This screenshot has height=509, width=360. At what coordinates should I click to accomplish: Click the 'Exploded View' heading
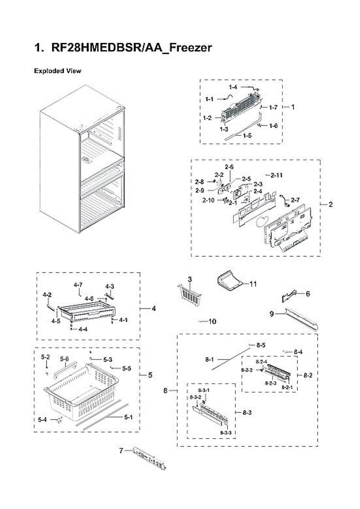tap(57, 71)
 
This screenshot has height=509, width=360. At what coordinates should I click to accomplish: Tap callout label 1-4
tap(233, 87)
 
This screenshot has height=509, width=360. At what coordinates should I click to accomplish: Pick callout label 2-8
tap(199, 182)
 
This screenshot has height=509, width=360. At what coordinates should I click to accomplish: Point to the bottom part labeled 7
tap(148, 458)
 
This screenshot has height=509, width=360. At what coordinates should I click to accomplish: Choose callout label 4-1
tap(123, 320)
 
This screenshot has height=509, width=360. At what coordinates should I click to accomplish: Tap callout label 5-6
tap(64, 359)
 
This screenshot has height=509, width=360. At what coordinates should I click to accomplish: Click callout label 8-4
tap(298, 352)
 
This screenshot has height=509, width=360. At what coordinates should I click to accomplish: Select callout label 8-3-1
tap(204, 390)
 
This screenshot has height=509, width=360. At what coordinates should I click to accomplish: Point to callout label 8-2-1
tap(287, 388)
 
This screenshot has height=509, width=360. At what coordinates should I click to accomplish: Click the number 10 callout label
tap(212, 322)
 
